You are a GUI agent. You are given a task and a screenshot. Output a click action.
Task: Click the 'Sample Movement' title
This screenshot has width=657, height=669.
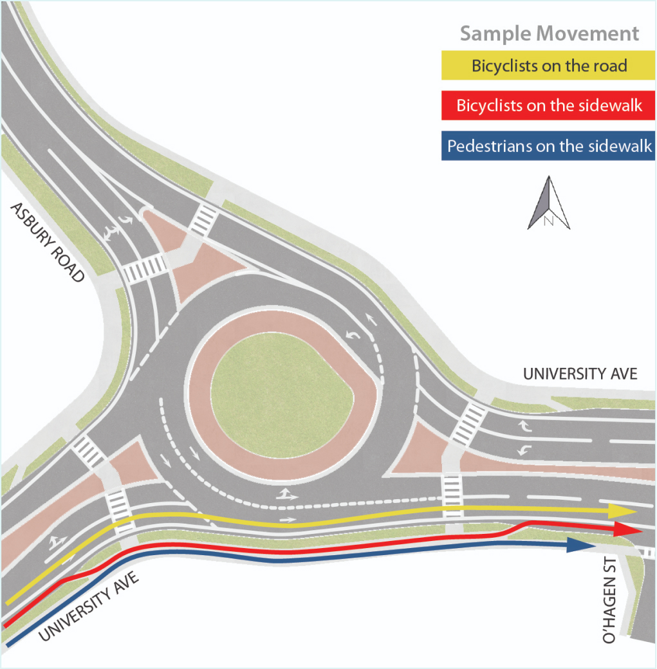549,33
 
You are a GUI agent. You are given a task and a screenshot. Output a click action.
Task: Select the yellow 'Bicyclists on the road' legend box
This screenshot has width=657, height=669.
548,65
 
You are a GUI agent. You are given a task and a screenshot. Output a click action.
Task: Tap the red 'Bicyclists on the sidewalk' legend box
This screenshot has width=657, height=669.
548,105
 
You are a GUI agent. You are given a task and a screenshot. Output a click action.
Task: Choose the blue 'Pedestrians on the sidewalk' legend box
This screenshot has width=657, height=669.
548,145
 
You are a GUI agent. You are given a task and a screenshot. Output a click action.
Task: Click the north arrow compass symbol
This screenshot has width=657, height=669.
549,203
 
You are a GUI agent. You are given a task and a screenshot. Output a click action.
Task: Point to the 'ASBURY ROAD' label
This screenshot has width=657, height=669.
48,242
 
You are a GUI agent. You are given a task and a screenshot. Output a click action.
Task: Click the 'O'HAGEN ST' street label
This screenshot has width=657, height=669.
609,600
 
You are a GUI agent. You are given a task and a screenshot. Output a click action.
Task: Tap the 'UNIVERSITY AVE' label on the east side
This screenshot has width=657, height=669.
580,374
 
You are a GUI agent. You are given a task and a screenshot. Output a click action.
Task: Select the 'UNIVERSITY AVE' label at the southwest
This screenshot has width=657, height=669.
89,606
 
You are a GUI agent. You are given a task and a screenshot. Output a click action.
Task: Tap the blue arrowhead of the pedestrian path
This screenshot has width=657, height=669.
581,545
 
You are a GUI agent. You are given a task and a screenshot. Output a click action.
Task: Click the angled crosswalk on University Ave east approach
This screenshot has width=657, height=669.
468,425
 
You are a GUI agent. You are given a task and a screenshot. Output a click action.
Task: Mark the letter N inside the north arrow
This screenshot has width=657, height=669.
548,221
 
